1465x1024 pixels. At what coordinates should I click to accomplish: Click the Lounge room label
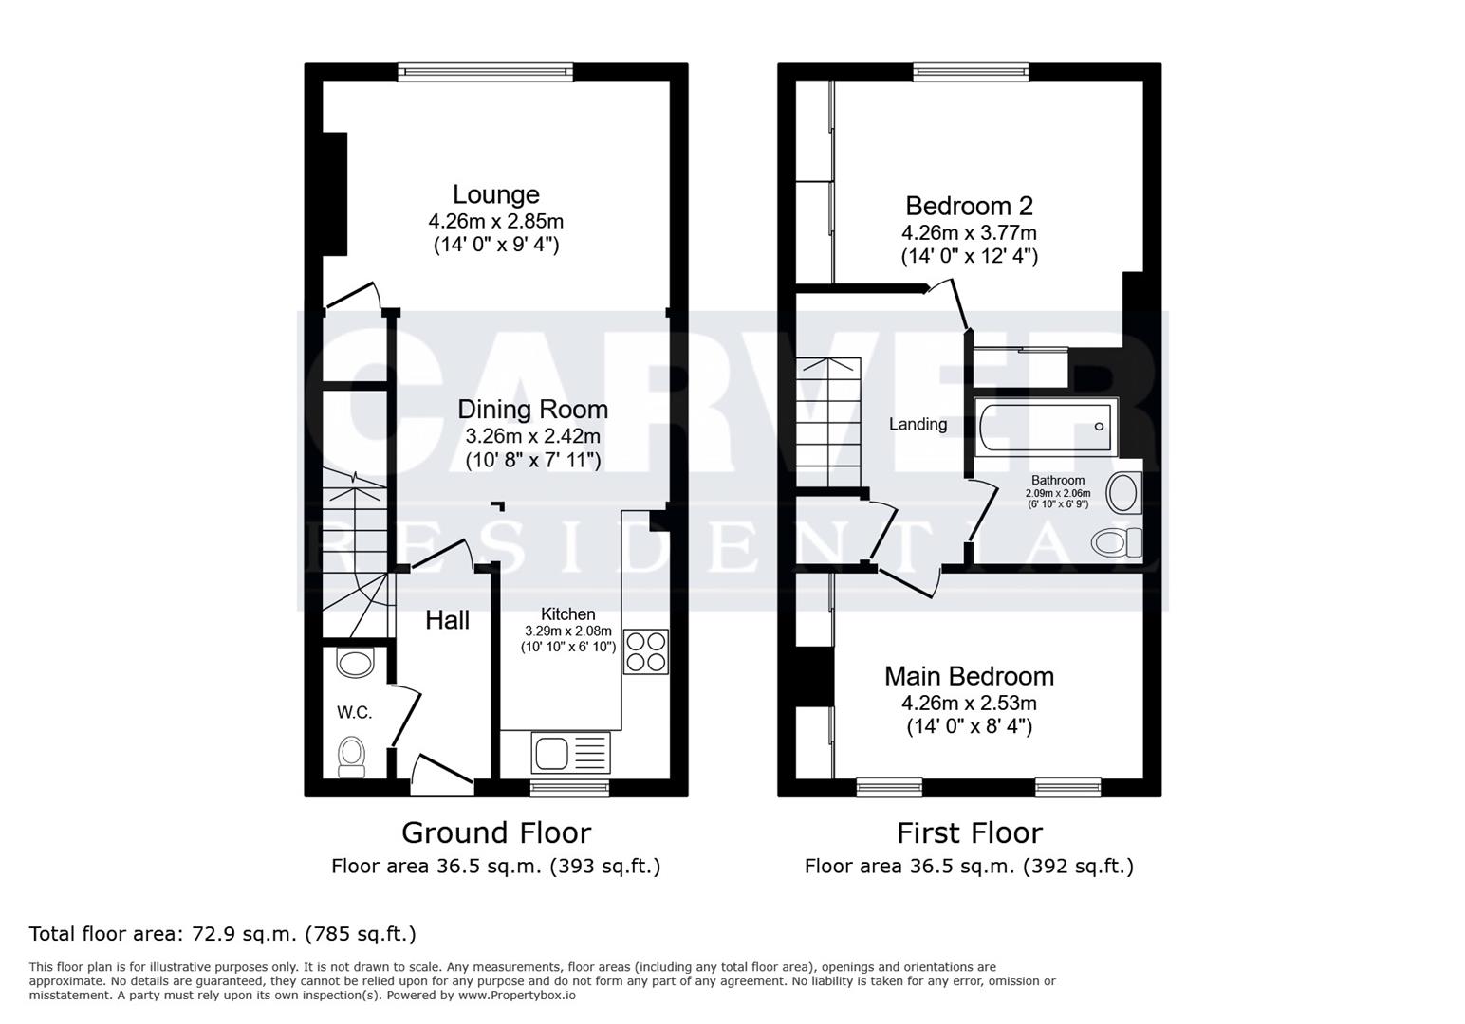coord(495,194)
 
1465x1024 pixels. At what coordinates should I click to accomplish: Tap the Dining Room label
coord(532,410)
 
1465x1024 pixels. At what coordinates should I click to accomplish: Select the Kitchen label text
coord(567,614)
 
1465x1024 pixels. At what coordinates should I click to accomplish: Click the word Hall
coord(447,620)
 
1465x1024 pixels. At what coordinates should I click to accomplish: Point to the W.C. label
coord(354,712)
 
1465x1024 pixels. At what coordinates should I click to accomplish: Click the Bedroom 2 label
coord(969,206)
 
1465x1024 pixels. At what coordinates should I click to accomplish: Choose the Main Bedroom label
coord(969,676)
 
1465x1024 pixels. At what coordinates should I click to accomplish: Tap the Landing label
coord(918,424)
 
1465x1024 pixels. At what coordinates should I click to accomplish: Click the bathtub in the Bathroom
coord(1045,427)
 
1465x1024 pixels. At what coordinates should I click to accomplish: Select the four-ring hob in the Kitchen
coord(645,651)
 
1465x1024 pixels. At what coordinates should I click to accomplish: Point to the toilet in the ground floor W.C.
coord(352,757)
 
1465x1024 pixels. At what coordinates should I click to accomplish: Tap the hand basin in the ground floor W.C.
coord(356,662)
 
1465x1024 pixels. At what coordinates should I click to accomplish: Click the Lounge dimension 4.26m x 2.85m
coord(495,222)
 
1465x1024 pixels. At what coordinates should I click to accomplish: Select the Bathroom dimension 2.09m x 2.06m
coord(1058,493)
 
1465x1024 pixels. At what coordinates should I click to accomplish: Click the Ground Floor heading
coord(495,832)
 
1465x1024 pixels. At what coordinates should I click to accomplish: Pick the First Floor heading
coord(969,832)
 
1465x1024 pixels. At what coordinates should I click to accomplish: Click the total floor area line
coord(223,934)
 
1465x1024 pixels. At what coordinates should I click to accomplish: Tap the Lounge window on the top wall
coord(485,71)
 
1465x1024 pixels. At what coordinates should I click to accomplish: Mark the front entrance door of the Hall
coord(442,773)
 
